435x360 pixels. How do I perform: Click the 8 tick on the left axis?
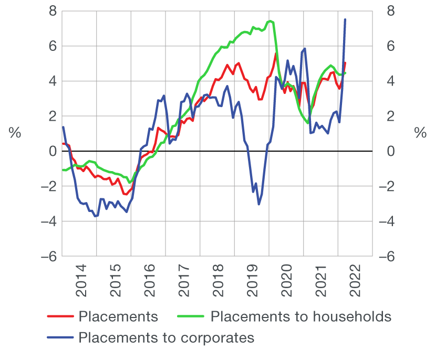[52, 11]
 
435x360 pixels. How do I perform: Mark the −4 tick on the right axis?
[386, 221]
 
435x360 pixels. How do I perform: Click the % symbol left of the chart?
[15, 133]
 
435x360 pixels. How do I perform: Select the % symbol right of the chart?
[420, 133]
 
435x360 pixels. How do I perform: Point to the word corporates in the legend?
[216, 337]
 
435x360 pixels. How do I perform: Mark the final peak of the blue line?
[345, 19]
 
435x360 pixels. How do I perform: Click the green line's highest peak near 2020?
[270, 21]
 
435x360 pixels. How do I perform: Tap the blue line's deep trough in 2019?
[258, 204]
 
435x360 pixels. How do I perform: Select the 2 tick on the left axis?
[52, 116]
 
